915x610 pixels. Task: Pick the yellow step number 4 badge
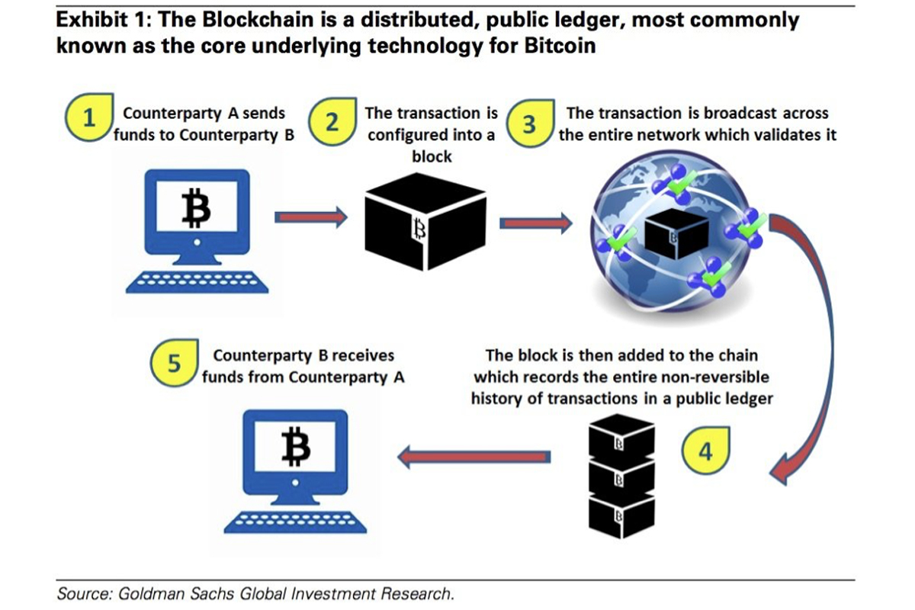[705, 450]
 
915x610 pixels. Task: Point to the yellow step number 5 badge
[175, 363]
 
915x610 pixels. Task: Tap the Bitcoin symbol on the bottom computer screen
[294, 447]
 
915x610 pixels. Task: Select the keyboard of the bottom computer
[295, 520]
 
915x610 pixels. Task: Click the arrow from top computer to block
[310, 218]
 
